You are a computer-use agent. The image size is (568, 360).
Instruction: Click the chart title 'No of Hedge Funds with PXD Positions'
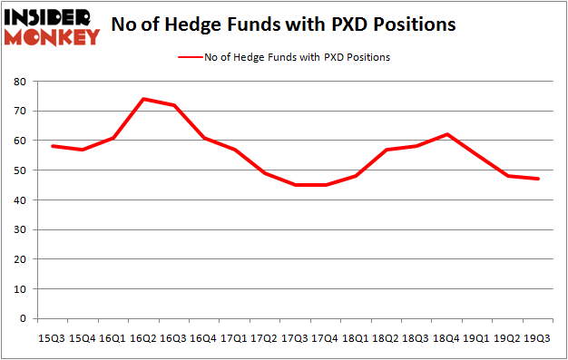tap(283, 24)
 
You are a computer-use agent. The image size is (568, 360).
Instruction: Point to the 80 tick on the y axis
tap(21, 82)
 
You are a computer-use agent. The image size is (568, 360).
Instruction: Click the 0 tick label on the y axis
tap(24, 318)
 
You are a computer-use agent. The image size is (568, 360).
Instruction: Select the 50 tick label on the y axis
tap(21, 170)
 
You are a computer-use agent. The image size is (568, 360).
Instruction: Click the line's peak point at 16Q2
tap(143, 99)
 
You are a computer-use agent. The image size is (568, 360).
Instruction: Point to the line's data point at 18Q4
tap(447, 134)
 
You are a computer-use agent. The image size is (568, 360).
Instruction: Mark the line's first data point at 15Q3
tap(53, 146)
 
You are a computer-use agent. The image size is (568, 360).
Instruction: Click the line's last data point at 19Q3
tap(538, 179)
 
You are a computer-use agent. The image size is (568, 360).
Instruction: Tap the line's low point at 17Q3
tap(295, 185)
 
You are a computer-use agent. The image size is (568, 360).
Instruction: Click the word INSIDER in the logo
tap(51, 17)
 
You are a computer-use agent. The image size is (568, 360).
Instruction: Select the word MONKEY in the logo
tap(51, 37)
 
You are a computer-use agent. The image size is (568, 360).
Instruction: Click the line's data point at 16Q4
tap(204, 138)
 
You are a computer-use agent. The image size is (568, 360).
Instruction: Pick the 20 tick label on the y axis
tap(21, 259)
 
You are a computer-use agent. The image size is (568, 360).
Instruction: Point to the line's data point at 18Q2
tap(387, 150)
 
